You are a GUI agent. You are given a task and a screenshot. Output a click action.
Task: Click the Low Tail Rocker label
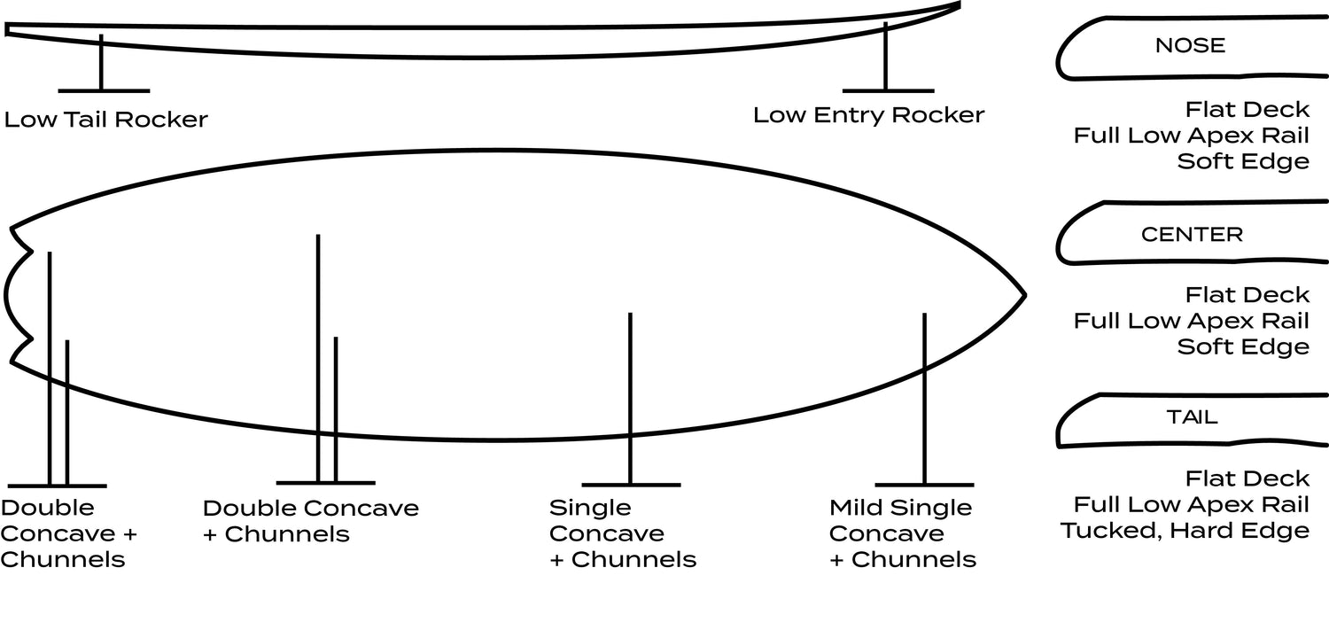pos(105,119)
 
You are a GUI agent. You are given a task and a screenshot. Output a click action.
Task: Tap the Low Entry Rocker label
pos(868,115)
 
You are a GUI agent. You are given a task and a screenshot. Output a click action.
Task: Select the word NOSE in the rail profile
pos(1190,46)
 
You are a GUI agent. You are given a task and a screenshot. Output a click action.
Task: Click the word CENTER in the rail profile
pos(1192,235)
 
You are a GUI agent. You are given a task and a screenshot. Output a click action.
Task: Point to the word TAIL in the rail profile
pos(1192,416)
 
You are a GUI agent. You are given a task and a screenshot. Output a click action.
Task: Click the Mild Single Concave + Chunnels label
pos(902,533)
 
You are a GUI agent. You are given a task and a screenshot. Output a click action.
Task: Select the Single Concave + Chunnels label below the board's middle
pos(622,533)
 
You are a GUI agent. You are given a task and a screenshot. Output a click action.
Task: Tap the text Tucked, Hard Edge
pos(1185,531)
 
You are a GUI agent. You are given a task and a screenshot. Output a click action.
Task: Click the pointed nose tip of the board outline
pos(1024,293)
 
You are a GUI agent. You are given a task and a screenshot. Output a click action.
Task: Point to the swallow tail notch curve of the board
pos(7,294)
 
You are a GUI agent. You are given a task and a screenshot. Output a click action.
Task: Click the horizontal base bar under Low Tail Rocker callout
pos(103,90)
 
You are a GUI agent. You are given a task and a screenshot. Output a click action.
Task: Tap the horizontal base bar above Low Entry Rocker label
pos(888,90)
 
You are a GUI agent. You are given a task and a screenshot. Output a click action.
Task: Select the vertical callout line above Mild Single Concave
pos(924,399)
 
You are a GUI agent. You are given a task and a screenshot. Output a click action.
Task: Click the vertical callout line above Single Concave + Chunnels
pos(630,399)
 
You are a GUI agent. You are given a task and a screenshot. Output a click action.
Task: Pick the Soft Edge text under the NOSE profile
pos(1243,161)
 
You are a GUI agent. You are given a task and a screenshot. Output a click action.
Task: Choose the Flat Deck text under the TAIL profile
pos(1247,478)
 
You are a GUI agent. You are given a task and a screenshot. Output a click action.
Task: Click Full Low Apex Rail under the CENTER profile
pos(1191,320)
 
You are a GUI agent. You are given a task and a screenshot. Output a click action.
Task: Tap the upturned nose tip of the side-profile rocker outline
pos(958,5)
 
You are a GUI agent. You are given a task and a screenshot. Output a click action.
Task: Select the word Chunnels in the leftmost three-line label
pos(63,559)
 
